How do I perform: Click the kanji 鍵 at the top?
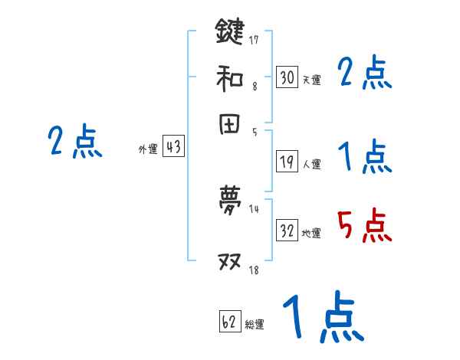pyautogui.click(x=229, y=32)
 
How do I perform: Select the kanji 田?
pyautogui.click(x=229, y=126)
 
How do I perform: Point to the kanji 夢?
pyautogui.click(x=229, y=201)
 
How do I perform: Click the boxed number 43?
pyautogui.click(x=173, y=148)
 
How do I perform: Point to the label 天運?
pyautogui.click(x=311, y=79)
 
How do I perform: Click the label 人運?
pyautogui.click(x=311, y=164)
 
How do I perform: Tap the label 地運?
pyautogui.click(x=311, y=233)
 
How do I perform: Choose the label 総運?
pyautogui.click(x=255, y=325)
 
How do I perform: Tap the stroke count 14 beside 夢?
pyautogui.click(x=254, y=209)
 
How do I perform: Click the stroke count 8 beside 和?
pyautogui.click(x=255, y=87)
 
